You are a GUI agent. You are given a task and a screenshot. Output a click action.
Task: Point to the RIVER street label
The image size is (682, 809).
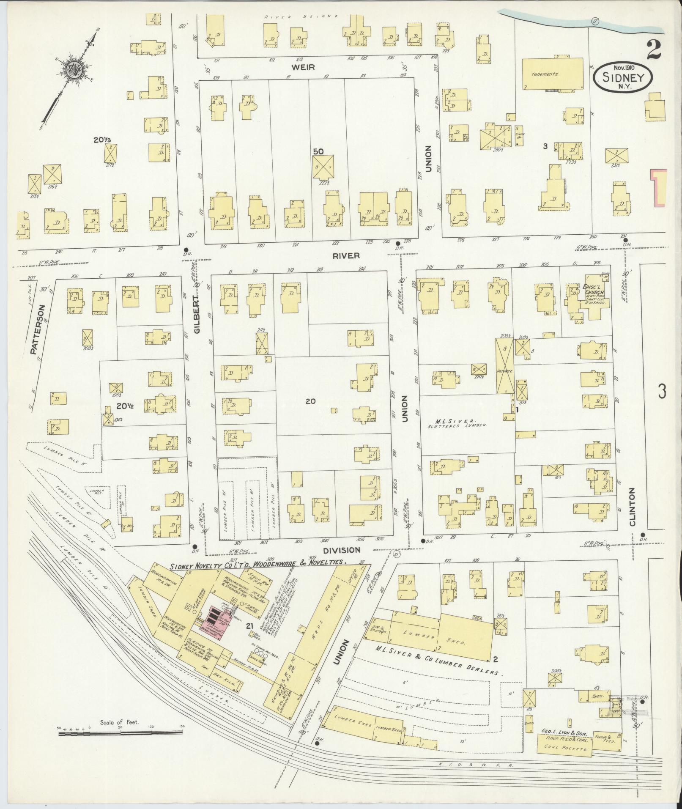(346, 255)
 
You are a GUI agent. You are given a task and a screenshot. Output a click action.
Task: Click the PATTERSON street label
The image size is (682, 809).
(35, 329)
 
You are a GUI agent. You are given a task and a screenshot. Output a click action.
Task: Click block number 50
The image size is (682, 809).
(318, 151)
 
